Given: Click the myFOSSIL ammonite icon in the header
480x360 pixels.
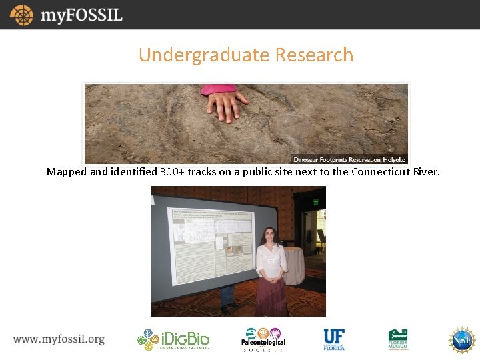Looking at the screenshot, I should pos(21,15).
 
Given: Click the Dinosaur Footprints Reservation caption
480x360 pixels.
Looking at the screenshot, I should pos(349,159).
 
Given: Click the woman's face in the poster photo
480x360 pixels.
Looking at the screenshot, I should pos(271,235).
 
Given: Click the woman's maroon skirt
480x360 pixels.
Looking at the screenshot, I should pos(271,296).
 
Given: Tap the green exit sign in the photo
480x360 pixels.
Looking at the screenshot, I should pos(315,202).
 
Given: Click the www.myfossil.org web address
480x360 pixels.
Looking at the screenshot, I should pos(59,339).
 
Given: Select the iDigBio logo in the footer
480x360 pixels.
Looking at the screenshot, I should pos(173,339).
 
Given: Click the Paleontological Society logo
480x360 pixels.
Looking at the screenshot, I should pos(263,339).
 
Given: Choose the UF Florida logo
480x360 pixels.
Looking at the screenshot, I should pos(334,339).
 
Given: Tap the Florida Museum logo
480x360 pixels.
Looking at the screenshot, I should pos(398,339).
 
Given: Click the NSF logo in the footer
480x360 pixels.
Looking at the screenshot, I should pos(461,339).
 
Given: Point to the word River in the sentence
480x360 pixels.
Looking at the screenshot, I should pos(426,172).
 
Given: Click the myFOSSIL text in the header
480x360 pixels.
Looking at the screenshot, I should pos(81,15).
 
